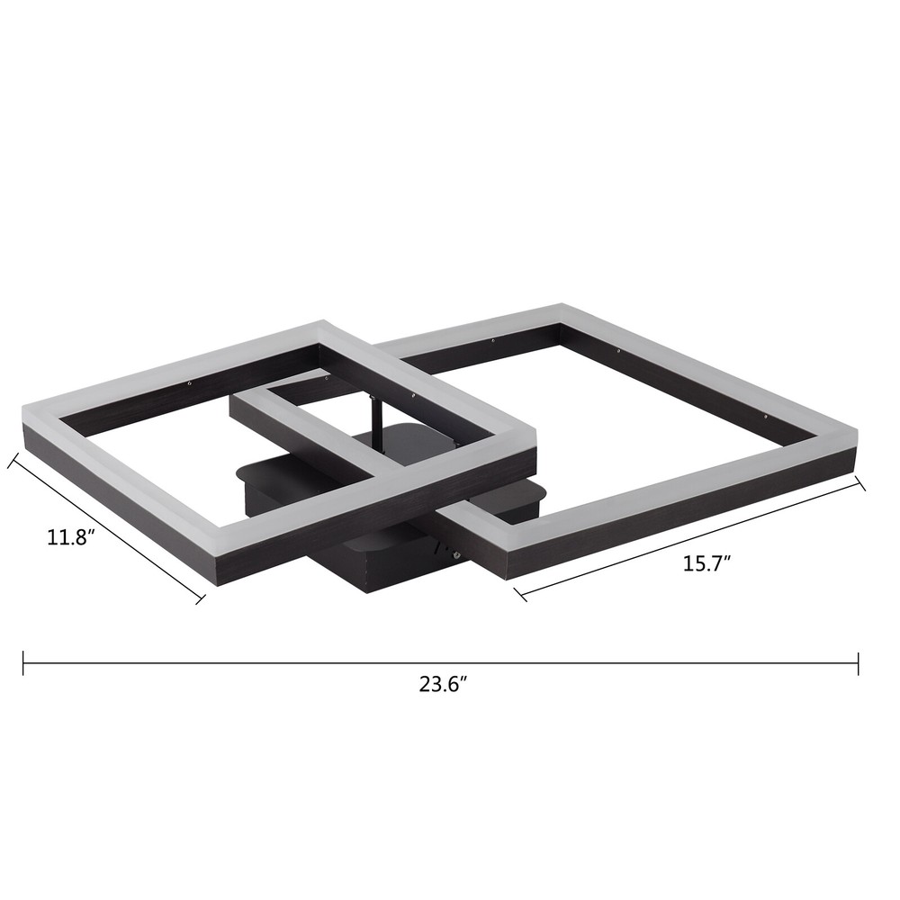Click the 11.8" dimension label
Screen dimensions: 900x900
click(x=70, y=538)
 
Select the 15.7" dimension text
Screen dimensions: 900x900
click(x=706, y=564)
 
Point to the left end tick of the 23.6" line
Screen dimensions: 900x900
click(x=23, y=664)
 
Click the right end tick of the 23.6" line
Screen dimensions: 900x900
click(x=858, y=664)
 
